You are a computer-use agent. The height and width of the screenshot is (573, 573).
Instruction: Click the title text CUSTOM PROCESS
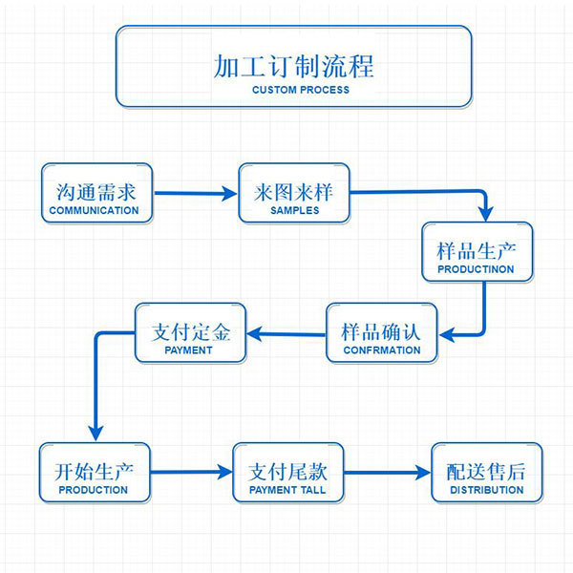(x=301, y=90)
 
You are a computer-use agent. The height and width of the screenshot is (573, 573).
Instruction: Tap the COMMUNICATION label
(x=94, y=210)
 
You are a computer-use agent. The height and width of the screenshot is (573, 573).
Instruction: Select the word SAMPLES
(x=294, y=210)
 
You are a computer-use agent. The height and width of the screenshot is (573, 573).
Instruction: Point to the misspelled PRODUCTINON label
(x=476, y=269)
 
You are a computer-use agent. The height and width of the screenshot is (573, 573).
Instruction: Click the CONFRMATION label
(x=382, y=350)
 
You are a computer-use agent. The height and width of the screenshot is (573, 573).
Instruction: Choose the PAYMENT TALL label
(x=287, y=490)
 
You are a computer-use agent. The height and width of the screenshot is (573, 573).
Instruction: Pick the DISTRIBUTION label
(x=487, y=490)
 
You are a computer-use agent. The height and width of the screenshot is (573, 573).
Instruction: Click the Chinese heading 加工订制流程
(x=293, y=67)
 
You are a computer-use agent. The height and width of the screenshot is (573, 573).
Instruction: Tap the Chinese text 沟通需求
(x=96, y=192)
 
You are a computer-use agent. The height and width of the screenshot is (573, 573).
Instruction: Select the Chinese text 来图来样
(x=294, y=192)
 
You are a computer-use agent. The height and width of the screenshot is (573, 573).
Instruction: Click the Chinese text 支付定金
(x=191, y=332)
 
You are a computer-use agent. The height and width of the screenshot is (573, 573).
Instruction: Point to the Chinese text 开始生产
(x=94, y=472)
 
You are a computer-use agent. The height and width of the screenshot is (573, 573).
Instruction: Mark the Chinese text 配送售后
(x=486, y=472)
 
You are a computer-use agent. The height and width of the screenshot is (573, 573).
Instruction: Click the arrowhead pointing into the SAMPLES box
(x=229, y=193)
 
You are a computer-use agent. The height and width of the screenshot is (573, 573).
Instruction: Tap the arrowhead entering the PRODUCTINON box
(x=486, y=214)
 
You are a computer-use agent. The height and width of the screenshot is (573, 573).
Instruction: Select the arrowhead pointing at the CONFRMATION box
(x=447, y=334)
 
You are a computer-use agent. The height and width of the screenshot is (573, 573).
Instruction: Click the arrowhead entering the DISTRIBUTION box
(x=423, y=473)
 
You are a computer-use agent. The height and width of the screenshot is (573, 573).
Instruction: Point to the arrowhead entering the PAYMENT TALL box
(x=224, y=472)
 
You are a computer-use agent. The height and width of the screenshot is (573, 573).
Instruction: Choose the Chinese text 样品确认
(x=381, y=332)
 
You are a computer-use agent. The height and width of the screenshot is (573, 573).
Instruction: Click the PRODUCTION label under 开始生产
(x=94, y=490)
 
